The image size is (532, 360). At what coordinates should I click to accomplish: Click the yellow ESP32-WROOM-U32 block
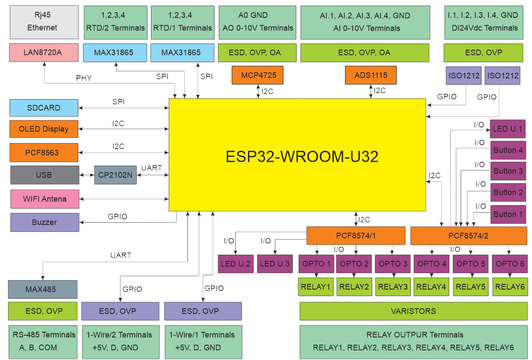(297, 155)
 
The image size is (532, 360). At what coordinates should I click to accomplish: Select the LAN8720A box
(44, 52)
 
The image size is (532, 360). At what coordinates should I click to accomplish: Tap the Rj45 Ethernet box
(44, 22)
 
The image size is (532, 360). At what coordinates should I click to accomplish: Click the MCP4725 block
(258, 75)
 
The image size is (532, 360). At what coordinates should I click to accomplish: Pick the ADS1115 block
(371, 75)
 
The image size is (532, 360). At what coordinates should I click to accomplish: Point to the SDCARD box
(44, 108)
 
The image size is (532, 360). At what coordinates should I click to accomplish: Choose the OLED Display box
(44, 129)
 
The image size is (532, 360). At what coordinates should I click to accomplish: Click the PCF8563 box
(44, 153)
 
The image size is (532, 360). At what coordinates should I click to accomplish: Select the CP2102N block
(115, 175)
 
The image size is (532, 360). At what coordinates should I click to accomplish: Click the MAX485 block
(43, 289)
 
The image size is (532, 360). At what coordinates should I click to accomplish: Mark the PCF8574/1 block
(356, 236)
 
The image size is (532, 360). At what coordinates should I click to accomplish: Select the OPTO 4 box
(432, 264)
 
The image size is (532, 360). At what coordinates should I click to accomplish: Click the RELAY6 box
(509, 287)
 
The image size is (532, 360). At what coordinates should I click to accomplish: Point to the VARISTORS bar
(414, 311)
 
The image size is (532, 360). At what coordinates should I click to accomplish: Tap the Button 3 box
(508, 171)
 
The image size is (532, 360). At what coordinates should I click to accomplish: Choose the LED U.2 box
(235, 264)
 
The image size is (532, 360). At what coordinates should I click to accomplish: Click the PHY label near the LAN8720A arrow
(84, 78)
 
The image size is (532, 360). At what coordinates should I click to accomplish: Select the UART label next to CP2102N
(151, 168)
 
